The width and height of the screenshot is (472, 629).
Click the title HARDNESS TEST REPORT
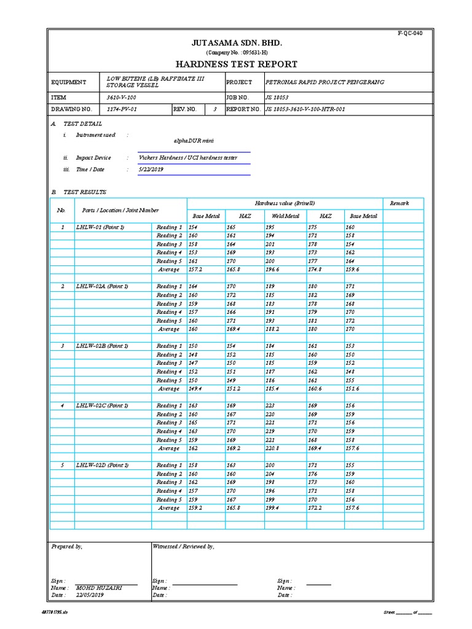237,64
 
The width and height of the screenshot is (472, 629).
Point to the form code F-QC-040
411,33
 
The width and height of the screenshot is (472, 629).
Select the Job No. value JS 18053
277,98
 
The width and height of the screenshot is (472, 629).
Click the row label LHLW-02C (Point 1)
102,405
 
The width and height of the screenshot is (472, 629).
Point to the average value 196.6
274,270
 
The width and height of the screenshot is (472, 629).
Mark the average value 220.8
274,448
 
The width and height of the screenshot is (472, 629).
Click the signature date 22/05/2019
90,595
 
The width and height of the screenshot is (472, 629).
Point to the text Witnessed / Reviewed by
183,546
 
